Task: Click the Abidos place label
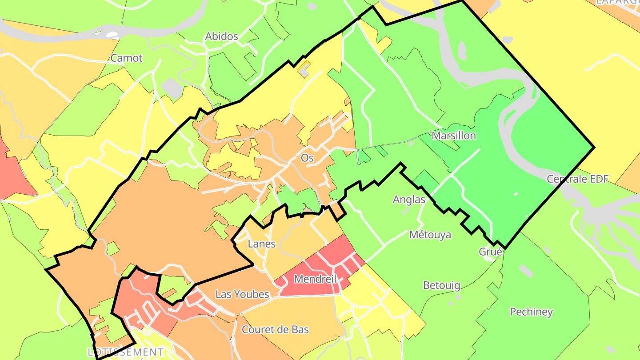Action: [x=221, y=36]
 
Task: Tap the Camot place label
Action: [x=127, y=58]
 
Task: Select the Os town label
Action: [x=307, y=158]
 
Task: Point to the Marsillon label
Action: [x=454, y=136]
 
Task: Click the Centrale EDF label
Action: [x=577, y=179]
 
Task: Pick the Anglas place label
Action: [x=409, y=200]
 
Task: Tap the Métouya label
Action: [x=430, y=235]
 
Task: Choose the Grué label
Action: [x=491, y=252]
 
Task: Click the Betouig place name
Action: [x=441, y=285]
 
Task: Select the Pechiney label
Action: [x=531, y=312]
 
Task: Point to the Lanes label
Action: [x=261, y=244]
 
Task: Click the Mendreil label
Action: [x=315, y=279]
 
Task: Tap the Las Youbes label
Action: [x=242, y=294]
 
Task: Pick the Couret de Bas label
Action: [x=275, y=329]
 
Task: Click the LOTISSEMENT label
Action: [x=125, y=352]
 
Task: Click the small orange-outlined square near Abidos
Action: [x=304, y=68]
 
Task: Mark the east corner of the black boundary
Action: [x=594, y=147]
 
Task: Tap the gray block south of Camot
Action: [x=172, y=88]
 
